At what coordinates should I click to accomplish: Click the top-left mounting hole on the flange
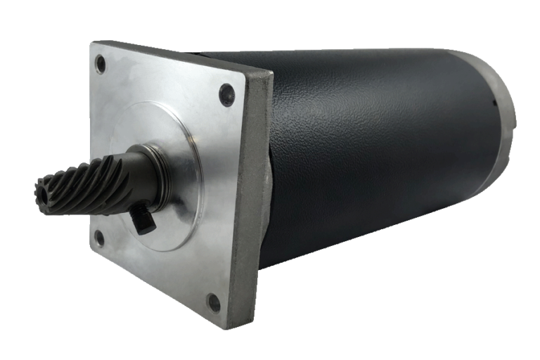point(101,65)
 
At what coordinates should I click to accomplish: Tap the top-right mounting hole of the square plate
point(226,94)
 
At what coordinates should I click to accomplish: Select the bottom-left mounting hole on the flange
point(99,238)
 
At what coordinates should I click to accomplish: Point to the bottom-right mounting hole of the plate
point(214,303)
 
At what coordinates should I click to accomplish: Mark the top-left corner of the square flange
point(93,44)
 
